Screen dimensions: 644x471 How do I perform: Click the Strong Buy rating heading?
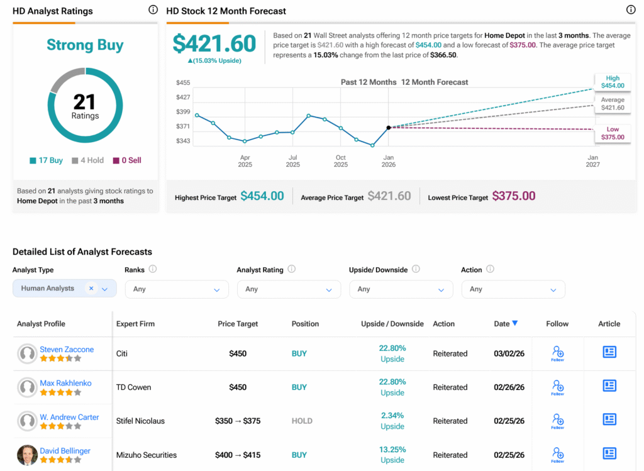pyautogui.click(x=85, y=45)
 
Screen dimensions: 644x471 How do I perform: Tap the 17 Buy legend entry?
pyautogui.click(x=46, y=160)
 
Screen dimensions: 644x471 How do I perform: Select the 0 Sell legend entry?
pyautogui.click(x=127, y=160)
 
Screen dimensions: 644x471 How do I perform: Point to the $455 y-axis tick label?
pyautogui.click(x=183, y=82)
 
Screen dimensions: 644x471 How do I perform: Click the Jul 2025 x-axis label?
pyautogui.click(x=293, y=161)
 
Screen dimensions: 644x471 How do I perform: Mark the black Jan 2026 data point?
pyautogui.click(x=389, y=128)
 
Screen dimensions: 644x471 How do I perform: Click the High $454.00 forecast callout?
pyautogui.click(x=613, y=82)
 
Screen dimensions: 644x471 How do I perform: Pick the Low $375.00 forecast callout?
pyautogui.click(x=613, y=133)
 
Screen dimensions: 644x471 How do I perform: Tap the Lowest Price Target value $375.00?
pyautogui.click(x=513, y=196)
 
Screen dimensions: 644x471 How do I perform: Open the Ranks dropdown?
pyautogui.click(x=177, y=289)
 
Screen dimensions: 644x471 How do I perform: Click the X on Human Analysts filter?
pyautogui.click(x=91, y=288)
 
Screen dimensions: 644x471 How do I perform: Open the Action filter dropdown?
pyautogui.click(x=513, y=289)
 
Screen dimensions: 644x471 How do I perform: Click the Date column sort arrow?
pyautogui.click(x=515, y=323)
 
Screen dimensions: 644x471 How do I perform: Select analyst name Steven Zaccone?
pyautogui.click(x=67, y=350)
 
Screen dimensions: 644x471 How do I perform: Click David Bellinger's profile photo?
pyautogui.click(x=27, y=455)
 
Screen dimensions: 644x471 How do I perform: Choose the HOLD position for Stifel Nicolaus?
pyautogui.click(x=302, y=421)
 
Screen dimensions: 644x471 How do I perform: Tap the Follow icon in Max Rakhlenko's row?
pyautogui.click(x=557, y=387)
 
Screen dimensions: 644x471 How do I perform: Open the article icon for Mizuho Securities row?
pyautogui.click(x=609, y=453)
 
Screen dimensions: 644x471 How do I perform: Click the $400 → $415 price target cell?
pyautogui.click(x=237, y=455)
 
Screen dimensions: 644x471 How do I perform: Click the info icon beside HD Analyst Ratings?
pyautogui.click(x=153, y=10)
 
